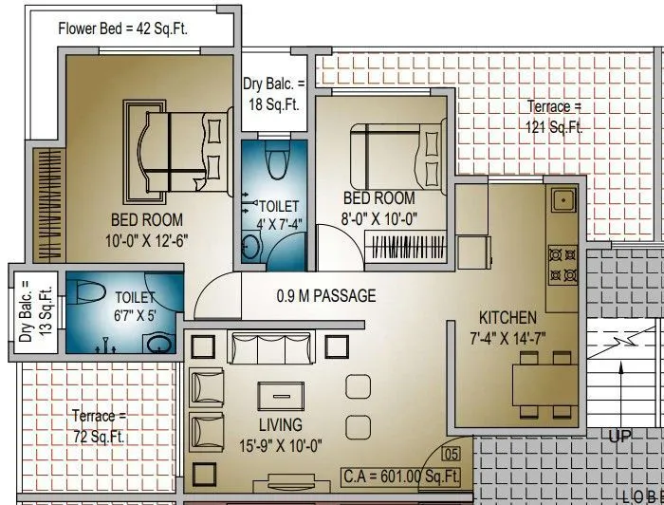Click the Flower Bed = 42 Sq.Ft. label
(122, 28)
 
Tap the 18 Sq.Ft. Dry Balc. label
(274, 94)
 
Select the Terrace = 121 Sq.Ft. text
(555, 118)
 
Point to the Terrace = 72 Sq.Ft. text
(99, 426)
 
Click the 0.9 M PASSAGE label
(326, 296)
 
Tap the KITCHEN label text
(507, 318)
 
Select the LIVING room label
(280, 425)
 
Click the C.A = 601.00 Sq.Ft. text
(402, 476)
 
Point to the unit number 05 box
(452, 453)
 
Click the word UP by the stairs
(620, 437)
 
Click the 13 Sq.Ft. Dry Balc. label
(26, 311)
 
